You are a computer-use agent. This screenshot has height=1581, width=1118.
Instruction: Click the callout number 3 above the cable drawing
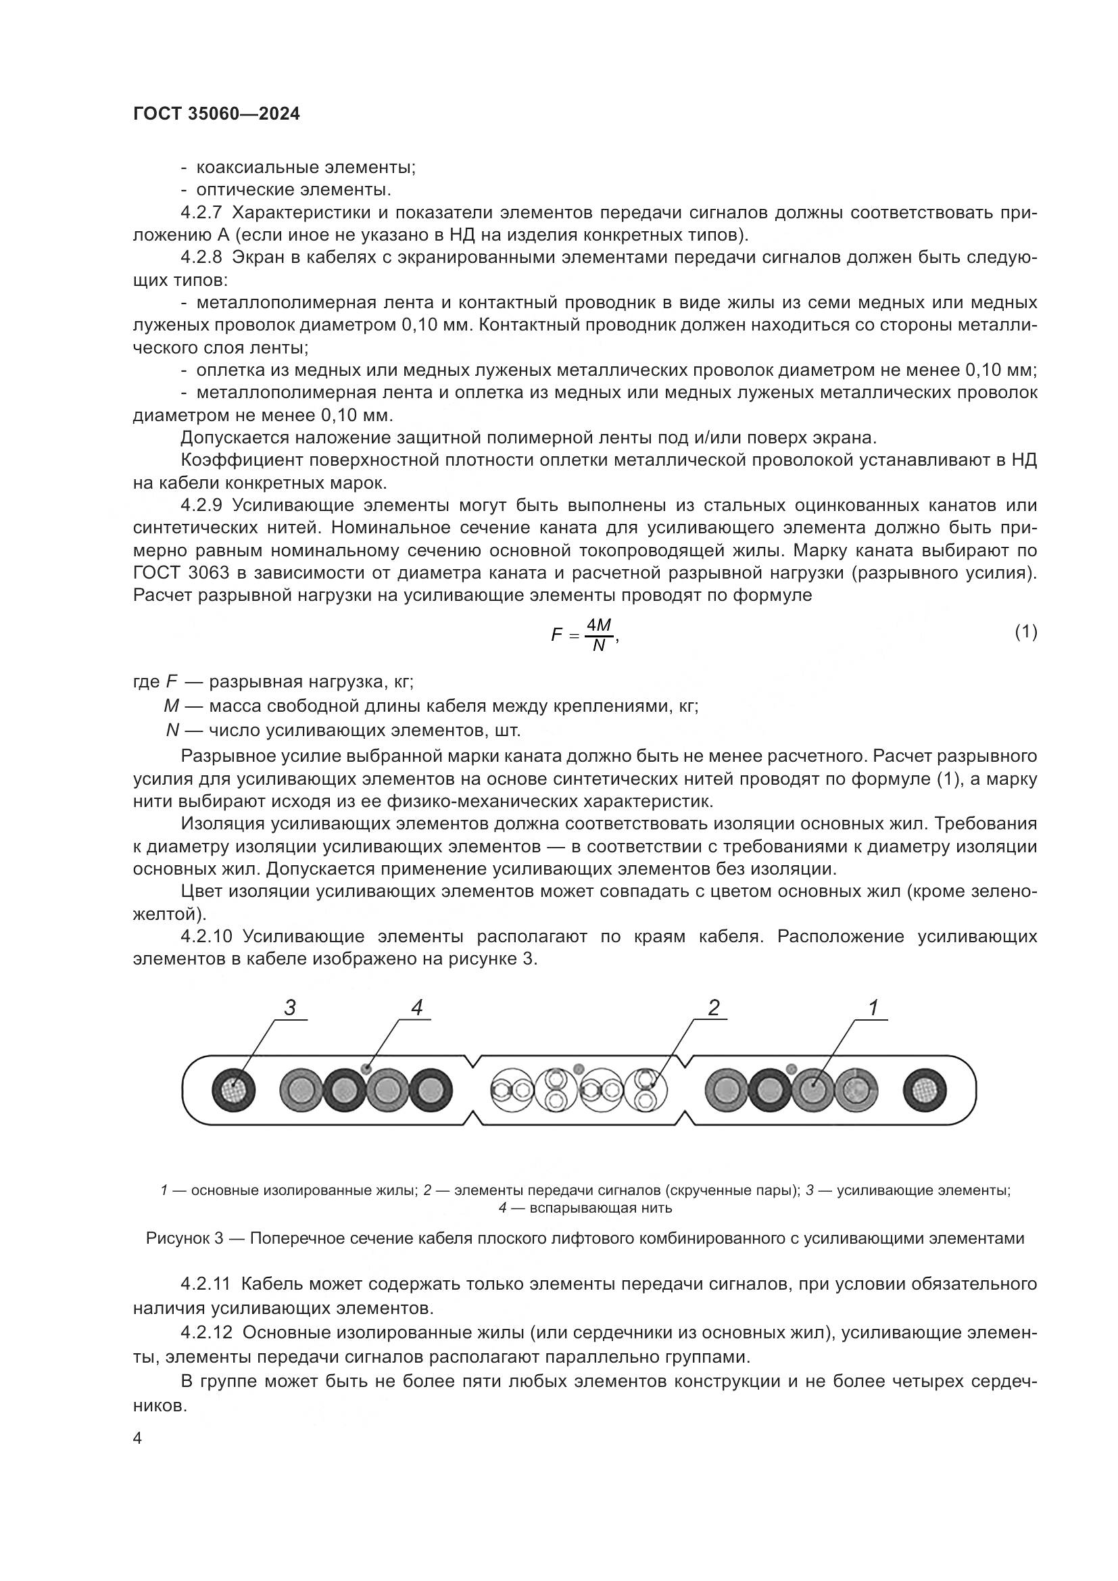[290, 1007]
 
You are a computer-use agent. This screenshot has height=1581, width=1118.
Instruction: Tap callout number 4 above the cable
[416, 1007]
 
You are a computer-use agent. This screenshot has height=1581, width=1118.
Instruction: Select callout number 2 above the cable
[713, 1007]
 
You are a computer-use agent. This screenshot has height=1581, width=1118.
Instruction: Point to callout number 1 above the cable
[873, 1007]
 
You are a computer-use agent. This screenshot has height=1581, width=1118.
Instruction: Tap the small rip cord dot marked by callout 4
[366, 1069]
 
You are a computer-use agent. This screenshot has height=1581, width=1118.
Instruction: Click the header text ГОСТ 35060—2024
[216, 114]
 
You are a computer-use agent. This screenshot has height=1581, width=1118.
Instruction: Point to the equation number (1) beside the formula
[1026, 631]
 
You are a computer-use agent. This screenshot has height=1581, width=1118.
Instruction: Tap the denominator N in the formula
[599, 646]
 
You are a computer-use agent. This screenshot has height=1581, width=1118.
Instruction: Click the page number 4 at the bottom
[137, 1438]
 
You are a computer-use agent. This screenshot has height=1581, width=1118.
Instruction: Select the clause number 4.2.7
[201, 213]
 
